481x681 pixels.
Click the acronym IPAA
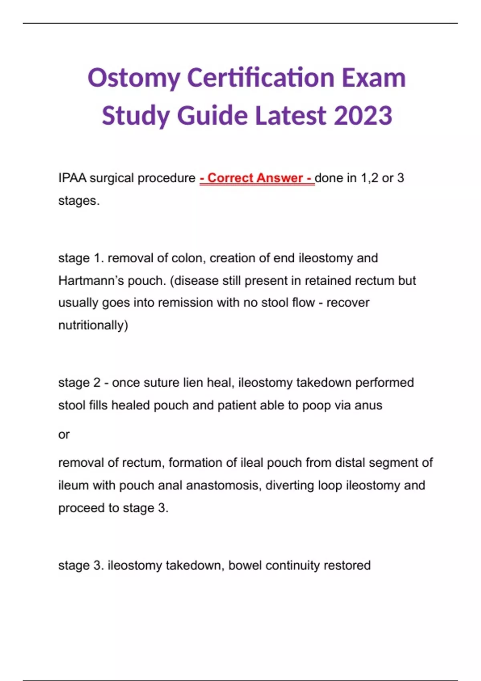click(x=72, y=178)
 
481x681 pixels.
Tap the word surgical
click(x=111, y=178)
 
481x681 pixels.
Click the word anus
click(x=368, y=405)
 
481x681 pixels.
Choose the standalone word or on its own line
click(x=64, y=434)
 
